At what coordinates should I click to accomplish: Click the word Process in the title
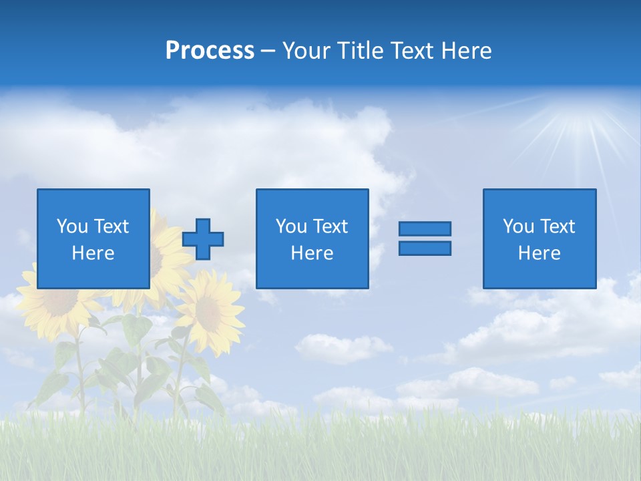(210, 51)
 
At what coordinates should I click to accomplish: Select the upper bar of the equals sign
(425, 228)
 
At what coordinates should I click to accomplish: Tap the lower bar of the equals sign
(425, 248)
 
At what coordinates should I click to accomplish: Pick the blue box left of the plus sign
(93, 238)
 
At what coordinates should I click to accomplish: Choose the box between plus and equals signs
(312, 238)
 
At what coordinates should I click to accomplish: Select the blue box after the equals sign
(540, 238)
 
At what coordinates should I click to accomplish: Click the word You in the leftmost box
(71, 226)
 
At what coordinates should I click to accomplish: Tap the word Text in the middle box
(331, 226)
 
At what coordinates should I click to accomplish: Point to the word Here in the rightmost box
(540, 253)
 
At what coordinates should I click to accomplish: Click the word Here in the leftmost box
(93, 253)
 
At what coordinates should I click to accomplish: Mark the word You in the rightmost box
(517, 226)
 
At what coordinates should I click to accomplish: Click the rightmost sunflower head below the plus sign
(210, 308)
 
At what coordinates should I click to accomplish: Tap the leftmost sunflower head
(57, 301)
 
